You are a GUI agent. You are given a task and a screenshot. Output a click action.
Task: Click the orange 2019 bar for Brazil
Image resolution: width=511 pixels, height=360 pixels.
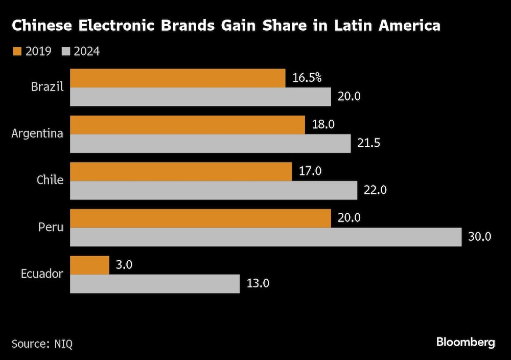(x=177, y=78)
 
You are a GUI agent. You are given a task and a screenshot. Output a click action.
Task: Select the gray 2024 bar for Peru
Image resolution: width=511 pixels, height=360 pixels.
(x=266, y=237)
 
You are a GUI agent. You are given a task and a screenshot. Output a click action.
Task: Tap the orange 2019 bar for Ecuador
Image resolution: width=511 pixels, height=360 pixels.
(x=89, y=265)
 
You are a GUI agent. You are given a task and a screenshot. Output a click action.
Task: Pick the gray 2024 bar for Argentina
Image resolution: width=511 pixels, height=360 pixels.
(x=210, y=144)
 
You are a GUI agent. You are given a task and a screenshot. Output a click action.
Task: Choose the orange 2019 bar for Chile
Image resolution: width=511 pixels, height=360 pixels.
(x=181, y=172)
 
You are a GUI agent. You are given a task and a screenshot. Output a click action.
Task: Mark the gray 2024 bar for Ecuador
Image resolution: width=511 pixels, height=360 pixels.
(x=155, y=284)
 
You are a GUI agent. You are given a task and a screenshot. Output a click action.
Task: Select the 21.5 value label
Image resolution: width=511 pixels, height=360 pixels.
(x=368, y=143)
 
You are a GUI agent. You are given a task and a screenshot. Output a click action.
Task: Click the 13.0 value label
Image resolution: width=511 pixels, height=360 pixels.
(x=258, y=284)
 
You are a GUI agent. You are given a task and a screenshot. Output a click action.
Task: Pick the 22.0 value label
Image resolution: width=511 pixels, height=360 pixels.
(x=375, y=190)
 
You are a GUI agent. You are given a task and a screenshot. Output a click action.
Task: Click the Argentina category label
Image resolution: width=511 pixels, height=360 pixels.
(x=37, y=134)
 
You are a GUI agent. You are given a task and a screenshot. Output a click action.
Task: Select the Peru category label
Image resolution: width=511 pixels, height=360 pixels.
(x=50, y=227)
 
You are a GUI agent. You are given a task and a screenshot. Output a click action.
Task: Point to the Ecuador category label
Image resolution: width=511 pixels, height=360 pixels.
(x=42, y=274)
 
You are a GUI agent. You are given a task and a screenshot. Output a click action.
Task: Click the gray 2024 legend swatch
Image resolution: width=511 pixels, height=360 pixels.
(x=66, y=51)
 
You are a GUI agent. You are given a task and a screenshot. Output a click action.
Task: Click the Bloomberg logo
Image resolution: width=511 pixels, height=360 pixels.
(x=466, y=342)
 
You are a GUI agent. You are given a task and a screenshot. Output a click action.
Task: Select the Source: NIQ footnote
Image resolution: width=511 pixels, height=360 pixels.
(x=42, y=343)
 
